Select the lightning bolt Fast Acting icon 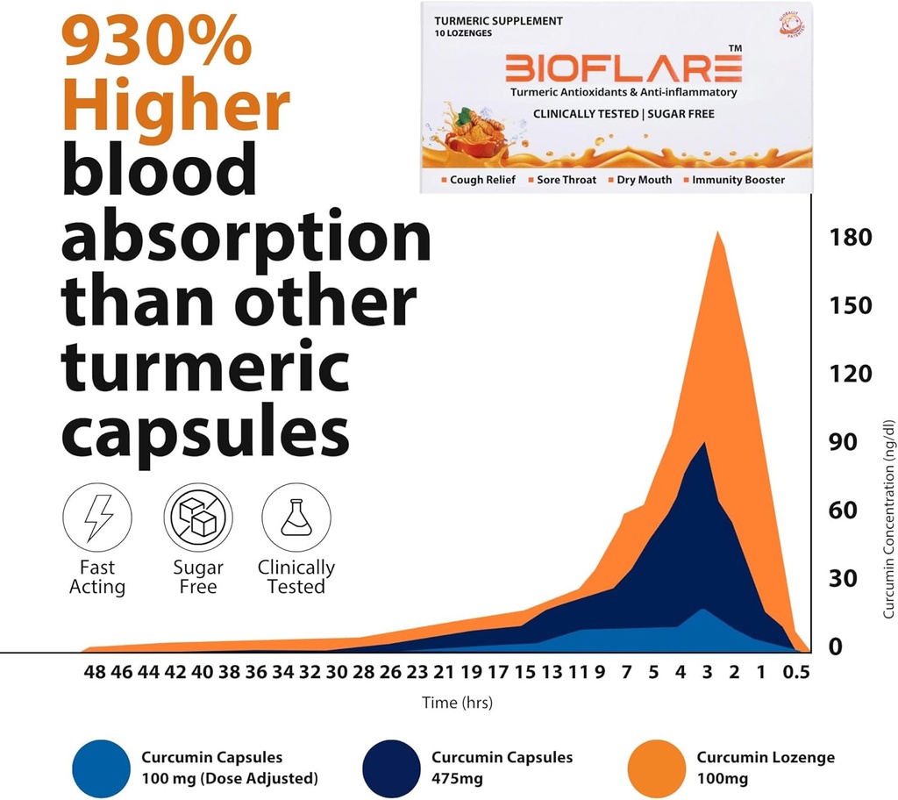pos(96,518)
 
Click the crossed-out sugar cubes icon pos(197,518)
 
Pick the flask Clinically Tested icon pos(296,518)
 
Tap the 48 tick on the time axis pos(94,674)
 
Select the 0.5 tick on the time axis pos(796,674)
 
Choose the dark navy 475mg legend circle pos(391,769)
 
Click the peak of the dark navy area pos(704,444)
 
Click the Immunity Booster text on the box pos(738,180)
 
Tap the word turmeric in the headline pos(205,368)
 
